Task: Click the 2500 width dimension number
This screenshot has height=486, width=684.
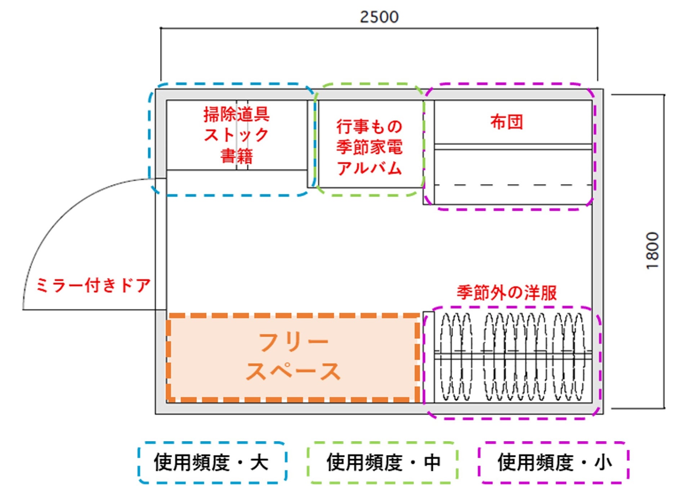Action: pyautogui.click(x=379, y=17)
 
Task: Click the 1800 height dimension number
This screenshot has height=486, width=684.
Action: pyautogui.click(x=652, y=251)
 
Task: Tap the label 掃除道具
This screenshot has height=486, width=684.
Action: pyautogui.click(x=236, y=114)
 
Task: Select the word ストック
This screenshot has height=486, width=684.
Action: pyautogui.click(x=236, y=135)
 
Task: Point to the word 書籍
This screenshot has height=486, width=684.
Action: pyautogui.click(x=236, y=156)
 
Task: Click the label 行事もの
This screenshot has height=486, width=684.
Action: pyautogui.click(x=369, y=126)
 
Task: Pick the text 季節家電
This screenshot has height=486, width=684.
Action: pyautogui.click(x=369, y=147)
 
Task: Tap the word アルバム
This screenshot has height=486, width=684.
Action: pyautogui.click(x=369, y=168)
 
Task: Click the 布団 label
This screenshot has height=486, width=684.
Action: pyautogui.click(x=506, y=122)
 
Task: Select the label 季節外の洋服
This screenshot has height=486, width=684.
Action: pyautogui.click(x=506, y=292)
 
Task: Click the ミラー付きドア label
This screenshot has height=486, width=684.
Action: pyautogui.click(x=93, y=285)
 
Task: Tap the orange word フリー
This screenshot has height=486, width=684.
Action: pyautogui.click(x=294, y=342)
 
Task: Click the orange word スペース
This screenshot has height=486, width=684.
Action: pyautogui.click(x=294, y=371)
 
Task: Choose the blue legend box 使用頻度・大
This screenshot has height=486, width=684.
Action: pyautogui.click(x=212, y=462)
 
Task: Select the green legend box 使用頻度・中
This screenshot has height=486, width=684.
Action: pyautogui.click(x=383, y=462)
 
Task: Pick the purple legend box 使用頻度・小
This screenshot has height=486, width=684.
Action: pyautogui.click(x=554, y=462)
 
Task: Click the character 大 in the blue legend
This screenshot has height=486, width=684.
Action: pyautogui.click(x=259, y=463)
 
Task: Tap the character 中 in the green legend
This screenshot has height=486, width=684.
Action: pyautogui.click(x=432, y=463)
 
